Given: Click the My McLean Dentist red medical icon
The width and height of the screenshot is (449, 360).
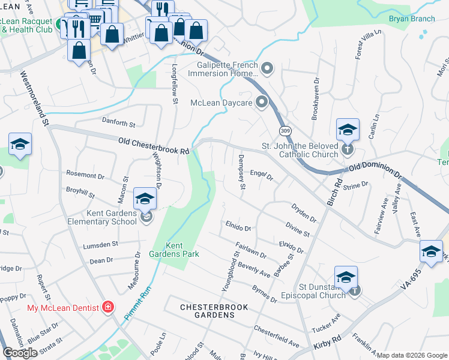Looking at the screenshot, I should click(108, 308).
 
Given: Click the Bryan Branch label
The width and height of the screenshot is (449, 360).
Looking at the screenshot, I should click(412, 19).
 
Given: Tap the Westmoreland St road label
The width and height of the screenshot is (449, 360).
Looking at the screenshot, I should click(34, 100).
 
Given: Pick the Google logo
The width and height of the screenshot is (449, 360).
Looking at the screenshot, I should click(20, 353).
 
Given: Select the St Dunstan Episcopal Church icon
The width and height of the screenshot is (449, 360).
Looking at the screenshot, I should click(355, 290).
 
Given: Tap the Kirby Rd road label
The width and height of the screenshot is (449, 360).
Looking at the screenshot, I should click(327, 343).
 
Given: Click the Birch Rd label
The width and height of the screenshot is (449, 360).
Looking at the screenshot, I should click(334, 191).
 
